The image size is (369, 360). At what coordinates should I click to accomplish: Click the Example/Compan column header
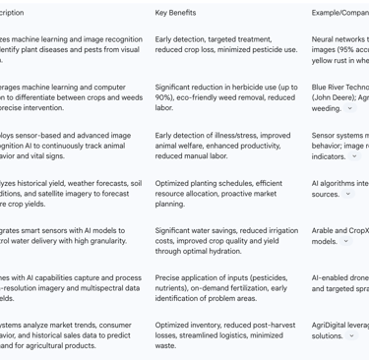[339, 13]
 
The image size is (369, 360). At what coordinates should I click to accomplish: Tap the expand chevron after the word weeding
[350, 109]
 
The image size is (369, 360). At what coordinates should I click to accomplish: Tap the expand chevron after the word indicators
[354, 156]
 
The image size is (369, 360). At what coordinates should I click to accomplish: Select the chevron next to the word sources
[347, 194]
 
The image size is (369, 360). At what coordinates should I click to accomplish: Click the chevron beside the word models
[346, 241]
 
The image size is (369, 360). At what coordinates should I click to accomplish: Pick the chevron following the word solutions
[352, 335]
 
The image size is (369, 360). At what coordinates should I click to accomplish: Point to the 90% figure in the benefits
[164, 97]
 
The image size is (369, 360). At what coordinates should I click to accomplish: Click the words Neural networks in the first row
[339, 39]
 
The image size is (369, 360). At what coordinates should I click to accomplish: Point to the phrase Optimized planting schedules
[203, 183]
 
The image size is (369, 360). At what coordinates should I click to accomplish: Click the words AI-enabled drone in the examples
[339, 277]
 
